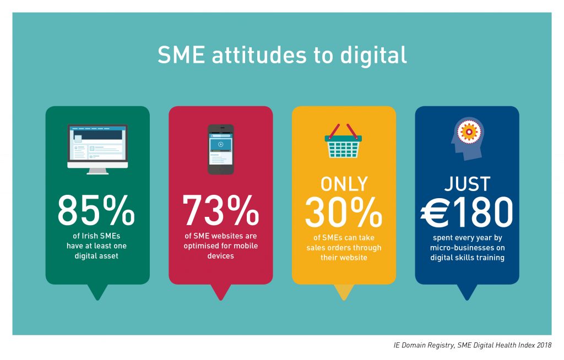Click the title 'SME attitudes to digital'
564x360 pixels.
[283, 55]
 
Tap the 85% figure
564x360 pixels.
[96, 210]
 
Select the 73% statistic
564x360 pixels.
[220, 210]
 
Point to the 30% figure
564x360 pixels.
[344, 212]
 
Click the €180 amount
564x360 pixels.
[467, 212]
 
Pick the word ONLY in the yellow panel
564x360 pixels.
[344, 184]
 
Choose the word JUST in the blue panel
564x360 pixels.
[467, 184]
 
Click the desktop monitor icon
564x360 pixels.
[97, 149]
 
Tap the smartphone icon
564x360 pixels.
[221, 149]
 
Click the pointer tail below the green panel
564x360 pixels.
[97, 292]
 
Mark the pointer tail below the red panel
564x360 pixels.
[221, 292]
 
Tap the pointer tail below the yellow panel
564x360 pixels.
[344, 292]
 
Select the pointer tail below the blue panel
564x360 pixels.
[467, 292]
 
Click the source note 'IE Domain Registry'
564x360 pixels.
[424, 345]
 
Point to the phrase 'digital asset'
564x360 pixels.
[96, 256]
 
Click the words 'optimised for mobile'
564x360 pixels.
[220, 246]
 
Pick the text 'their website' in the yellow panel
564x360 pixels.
[344, 258]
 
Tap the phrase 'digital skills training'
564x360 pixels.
[467, 258]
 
